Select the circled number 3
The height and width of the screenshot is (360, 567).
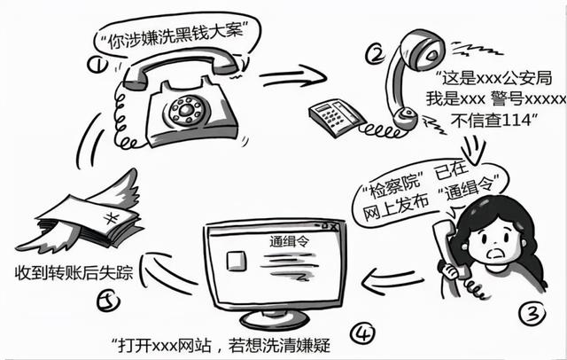click(x=530, y=311)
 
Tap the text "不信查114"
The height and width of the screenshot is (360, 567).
click(x=492, y=122)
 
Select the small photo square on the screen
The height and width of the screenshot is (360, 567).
click(x=237, y=259)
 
